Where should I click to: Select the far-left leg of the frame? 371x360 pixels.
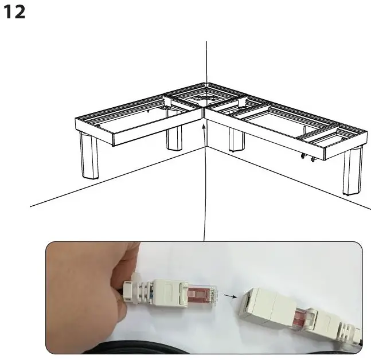point(89,155)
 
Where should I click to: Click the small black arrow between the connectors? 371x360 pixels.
point(229,296)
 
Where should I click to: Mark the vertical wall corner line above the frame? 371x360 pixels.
point(206,63)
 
